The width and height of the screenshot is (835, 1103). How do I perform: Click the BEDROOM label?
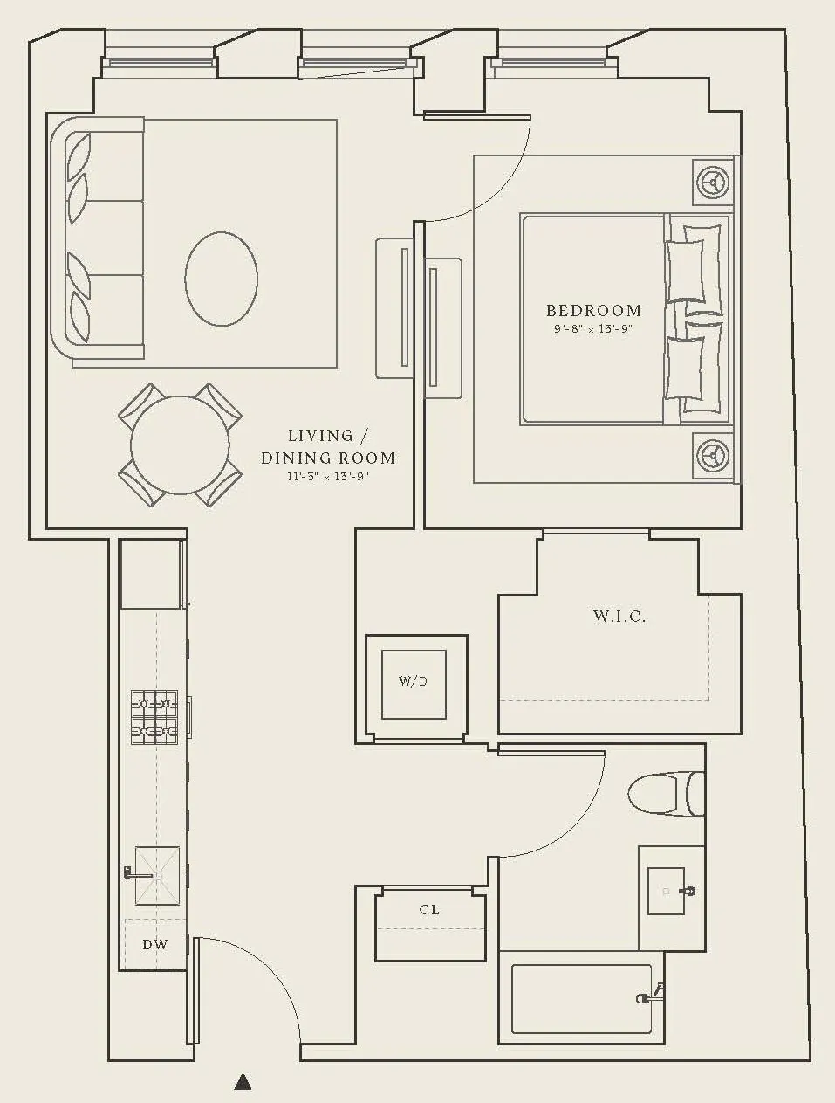[593, 310]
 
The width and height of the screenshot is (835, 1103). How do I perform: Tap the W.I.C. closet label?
[619, 617]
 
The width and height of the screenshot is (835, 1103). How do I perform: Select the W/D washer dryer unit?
[414, 681]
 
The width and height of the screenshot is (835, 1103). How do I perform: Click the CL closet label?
[429, 910]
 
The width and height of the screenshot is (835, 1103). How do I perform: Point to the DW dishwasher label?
[155, 944]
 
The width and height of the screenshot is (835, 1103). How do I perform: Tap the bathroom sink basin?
[670, 892]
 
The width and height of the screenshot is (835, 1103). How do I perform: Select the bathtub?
[581, 998]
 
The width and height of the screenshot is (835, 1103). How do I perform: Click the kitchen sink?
[157, 875]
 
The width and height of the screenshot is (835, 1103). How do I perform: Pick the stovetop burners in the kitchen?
[154, 717]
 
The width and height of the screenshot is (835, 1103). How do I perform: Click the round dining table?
[180, 445]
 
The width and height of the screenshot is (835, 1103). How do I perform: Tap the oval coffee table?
[221, 279]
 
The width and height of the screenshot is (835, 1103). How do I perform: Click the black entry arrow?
[243, 1083]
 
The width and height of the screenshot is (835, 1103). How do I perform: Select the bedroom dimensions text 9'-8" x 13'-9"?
[592, 330]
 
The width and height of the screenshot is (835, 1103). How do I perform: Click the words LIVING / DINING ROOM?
[328, 446]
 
